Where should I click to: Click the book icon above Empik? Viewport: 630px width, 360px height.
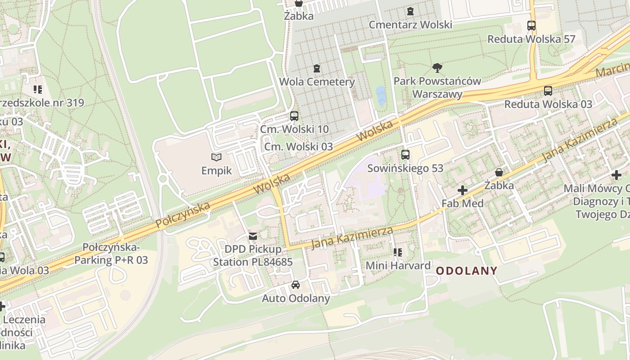[x=216, y=157]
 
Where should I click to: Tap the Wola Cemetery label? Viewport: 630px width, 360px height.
[x=317, y=82]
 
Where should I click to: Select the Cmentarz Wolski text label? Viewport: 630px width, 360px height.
[x=410, y=24]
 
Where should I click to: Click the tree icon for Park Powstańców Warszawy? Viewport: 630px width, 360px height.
[x=437, y=68]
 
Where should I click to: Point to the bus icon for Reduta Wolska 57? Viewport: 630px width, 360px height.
[x=531, y=26]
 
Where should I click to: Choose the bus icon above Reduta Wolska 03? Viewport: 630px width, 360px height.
[x=548, y=91]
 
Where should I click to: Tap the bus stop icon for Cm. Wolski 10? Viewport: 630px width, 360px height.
[x=294, y=116]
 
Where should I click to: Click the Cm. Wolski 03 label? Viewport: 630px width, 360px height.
[x=298, y=147]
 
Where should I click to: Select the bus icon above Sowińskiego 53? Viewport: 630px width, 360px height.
[x=405, y=155]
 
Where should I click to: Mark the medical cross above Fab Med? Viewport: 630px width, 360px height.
[x=462, y=190]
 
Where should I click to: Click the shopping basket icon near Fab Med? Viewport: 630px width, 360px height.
[x=499, y=172]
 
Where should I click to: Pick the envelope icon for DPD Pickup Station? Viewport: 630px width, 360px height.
[x=253, y=236]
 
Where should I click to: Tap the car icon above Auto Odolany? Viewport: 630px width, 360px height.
[x=296, y=285]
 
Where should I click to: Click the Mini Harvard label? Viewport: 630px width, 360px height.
[x=398, y=265]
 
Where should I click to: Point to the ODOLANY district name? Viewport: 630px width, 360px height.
[x=467, y=271]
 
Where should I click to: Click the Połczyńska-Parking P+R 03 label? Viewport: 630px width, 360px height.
[x=111, y=254]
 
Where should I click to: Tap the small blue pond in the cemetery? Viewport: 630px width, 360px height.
[x=381, y=96]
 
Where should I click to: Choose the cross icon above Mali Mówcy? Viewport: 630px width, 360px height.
[x=616, y=175]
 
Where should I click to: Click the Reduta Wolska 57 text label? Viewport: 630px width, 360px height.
[x=531, y=39]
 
